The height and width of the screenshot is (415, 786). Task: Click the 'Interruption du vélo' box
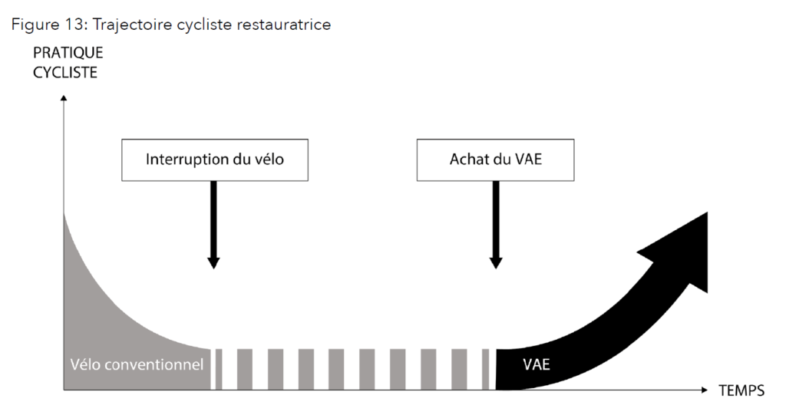(215, 160)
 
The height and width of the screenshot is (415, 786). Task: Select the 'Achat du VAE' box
(495, 160)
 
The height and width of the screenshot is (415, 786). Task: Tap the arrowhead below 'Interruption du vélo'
(213, 262)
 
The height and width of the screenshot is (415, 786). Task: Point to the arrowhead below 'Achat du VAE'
(496, 262)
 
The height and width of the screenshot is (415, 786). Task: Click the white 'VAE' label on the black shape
(537, 364)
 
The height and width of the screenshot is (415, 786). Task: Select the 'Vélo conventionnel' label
(137, 364)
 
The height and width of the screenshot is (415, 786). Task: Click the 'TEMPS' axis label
(741, 390)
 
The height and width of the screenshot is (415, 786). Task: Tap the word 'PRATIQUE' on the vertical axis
(68, 53)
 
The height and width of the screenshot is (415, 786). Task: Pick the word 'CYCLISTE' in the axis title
(65, 73)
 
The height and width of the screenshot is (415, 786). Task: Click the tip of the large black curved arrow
(707, 212)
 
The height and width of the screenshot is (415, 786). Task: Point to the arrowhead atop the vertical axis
(64, 97)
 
